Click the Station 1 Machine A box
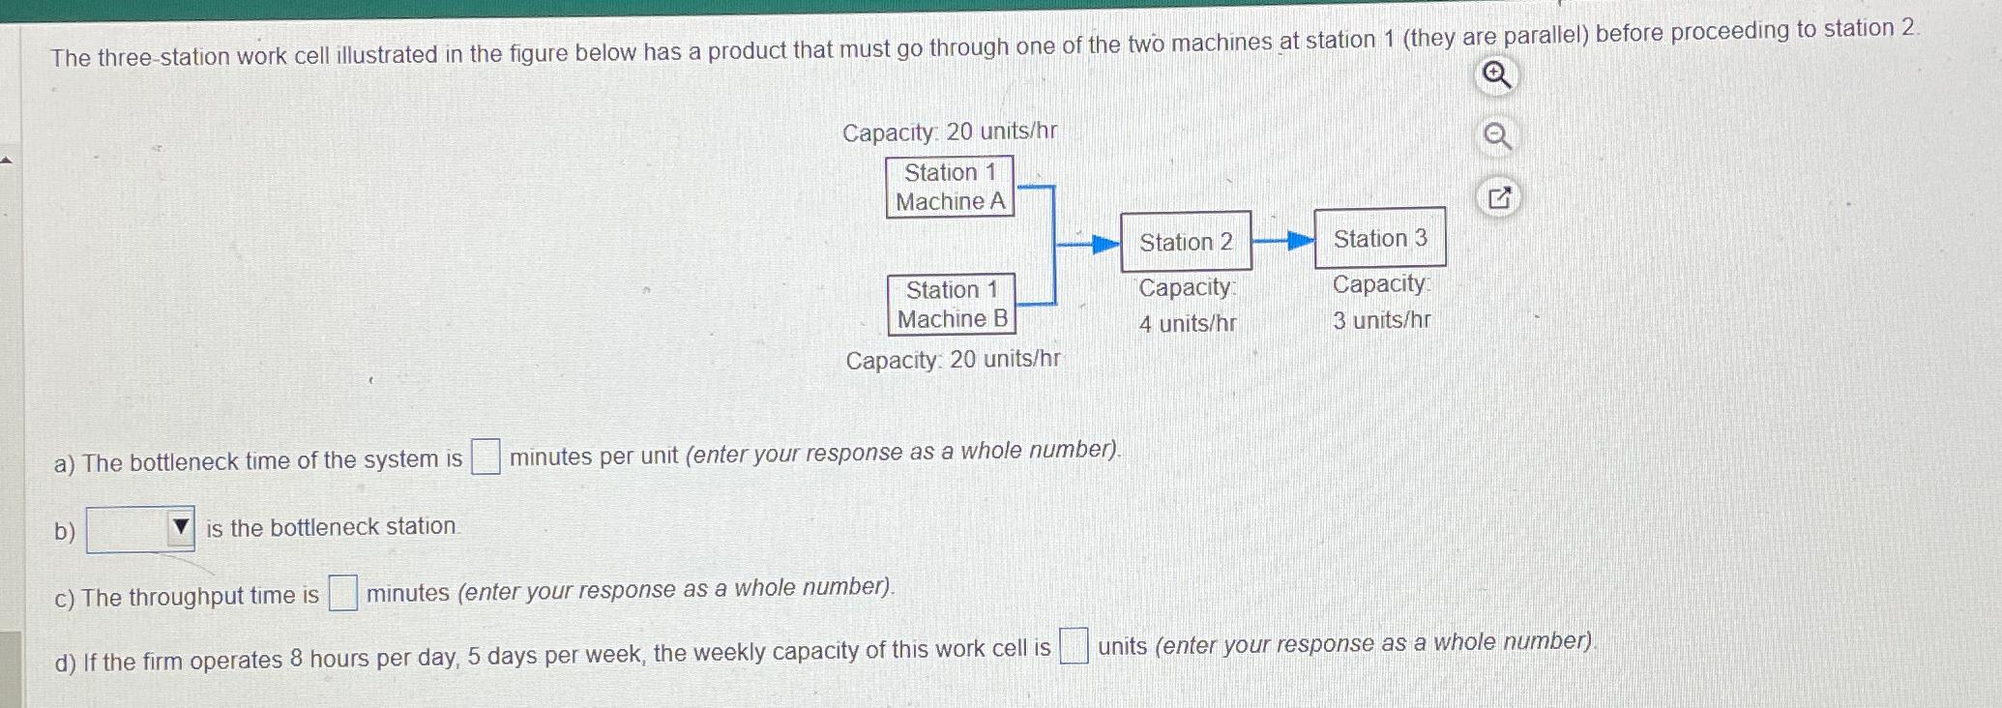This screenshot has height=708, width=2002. pyautogui.click(x=950, y=187)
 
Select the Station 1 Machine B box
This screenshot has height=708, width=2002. pyautogui.click(x=952, y=304)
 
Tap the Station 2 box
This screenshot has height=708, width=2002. pyautogui.click(x=1186, y=242)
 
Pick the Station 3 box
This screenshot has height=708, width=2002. pyautogui.click(x=1380, y=238)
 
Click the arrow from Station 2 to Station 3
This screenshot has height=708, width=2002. pyautogui.click(x=1283, y=241)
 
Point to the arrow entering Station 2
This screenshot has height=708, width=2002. pyautogui.click(x=1089, y=244)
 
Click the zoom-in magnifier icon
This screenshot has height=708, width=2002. pyautogui.click(x=1497, y=75)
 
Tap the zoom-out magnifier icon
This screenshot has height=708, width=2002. pyautogui.click(x=1497, y=137)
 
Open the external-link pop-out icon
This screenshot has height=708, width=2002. pyautogui.click(x=1499, y=198)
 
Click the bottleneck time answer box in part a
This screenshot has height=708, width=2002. pyautogui.click(x=486, y=457)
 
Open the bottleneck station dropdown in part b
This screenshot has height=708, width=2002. pyautogui.click(x=141, y=529)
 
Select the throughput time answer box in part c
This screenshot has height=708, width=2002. pyautogui.click(x=342, y=593)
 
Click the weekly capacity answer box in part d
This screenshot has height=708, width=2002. pyautogui.click(x=1074, y=646)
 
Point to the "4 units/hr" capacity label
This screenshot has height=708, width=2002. pyautogui.click(x=1188, y=323)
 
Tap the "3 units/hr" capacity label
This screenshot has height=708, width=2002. pyautogui.click(x=1381, y=320)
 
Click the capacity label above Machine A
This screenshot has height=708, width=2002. pyautogui.click(x=950, y=132)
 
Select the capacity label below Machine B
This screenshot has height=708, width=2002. pyautogui.click(x=953, y=360)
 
